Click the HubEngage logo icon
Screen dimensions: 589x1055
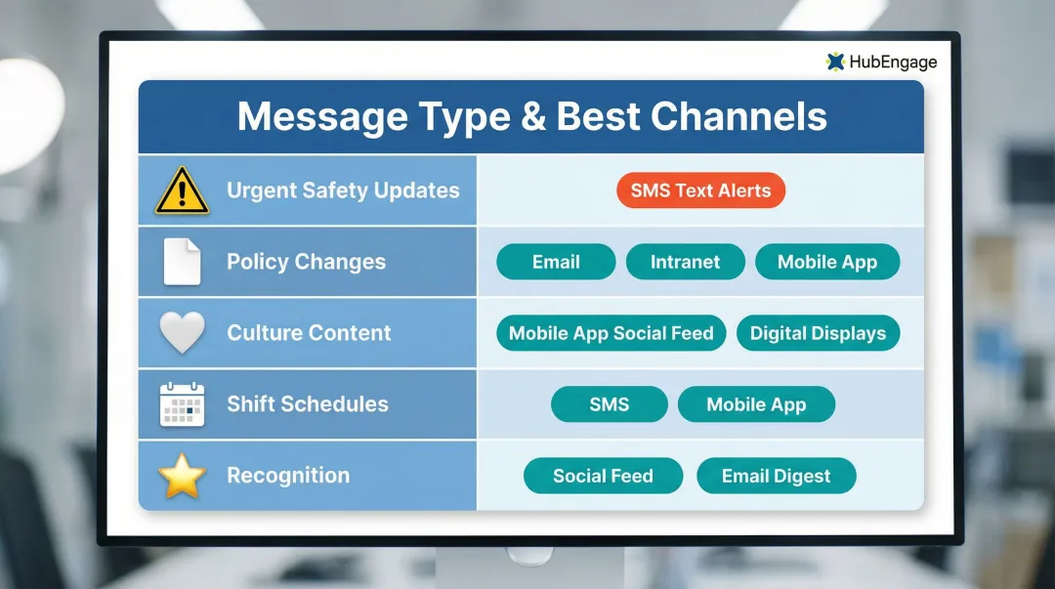coord(835,62)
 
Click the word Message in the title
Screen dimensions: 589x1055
coord(321,117)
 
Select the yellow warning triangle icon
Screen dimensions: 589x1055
coord(182,191)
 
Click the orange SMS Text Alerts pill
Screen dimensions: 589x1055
coord(700,190)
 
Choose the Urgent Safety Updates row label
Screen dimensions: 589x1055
coord(343,190)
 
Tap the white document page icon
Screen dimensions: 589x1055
coord(182,262)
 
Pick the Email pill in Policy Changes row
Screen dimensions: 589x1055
coord(556,262)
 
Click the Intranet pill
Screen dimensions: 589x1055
coord(685,262)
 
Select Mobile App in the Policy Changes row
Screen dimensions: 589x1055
coord(826,262)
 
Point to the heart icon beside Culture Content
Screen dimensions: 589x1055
coord(182,333)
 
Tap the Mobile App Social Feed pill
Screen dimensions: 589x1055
coord(611,333)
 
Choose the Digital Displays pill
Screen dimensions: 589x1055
coord(818,333)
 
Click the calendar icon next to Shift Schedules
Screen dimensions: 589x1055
coord(182,404)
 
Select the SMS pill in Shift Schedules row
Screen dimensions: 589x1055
coord(609,404)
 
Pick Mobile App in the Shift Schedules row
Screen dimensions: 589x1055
coord(756,404)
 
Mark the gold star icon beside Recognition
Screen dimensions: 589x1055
coord(182,476)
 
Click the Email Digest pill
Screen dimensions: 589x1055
coord(776,476)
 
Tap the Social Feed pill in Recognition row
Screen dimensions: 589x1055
coord(603,476)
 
